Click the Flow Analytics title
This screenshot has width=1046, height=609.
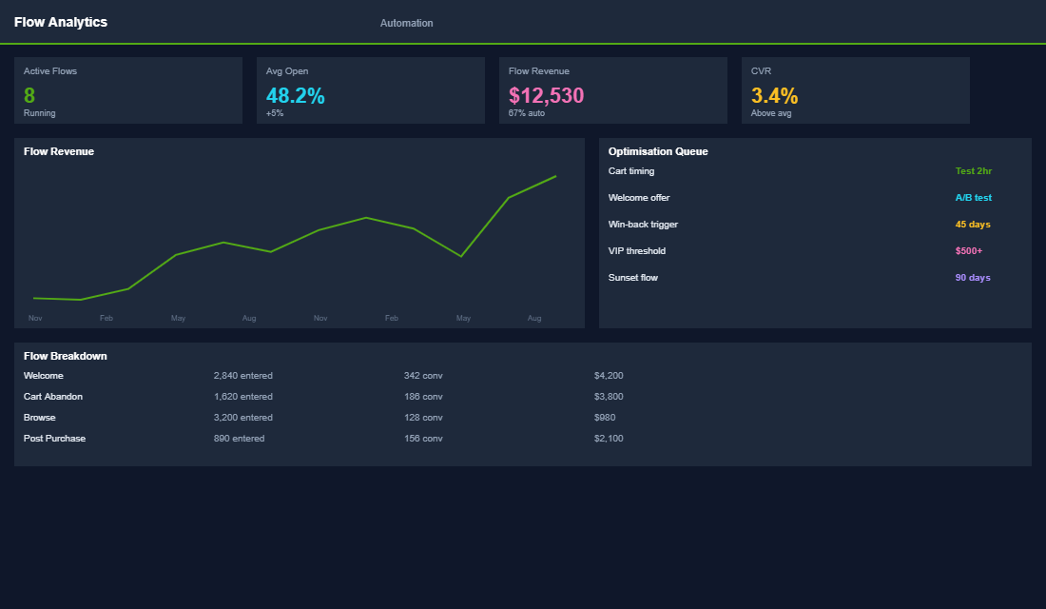[61, 22]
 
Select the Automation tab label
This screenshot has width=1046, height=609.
[406, 23]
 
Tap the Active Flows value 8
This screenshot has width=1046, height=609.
[29, 95]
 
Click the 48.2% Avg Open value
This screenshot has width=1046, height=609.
[295, 95]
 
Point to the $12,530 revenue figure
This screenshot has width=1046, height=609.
[546, 95]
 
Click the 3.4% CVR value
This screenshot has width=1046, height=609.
[774, 95]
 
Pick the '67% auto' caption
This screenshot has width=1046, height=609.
[527, 113]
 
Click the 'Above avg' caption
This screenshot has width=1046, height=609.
[770, 113]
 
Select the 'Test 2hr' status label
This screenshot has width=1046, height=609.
[973, 171]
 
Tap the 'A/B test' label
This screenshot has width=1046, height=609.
[973, 198]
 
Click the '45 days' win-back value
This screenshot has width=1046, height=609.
[973, 225]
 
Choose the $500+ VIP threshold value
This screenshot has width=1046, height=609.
[968, 251]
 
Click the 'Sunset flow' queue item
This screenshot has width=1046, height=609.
[632, 278]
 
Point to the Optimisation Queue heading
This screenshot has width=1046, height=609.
[658, 151]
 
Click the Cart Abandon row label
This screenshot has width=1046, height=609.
[53, 397]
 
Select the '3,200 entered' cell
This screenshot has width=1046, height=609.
[242, 418]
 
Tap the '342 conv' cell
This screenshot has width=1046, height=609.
[423, 376]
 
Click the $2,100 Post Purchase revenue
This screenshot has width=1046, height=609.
[609, 439]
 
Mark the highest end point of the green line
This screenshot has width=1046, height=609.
[555, 176]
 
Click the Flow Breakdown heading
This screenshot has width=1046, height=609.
[65, 356]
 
